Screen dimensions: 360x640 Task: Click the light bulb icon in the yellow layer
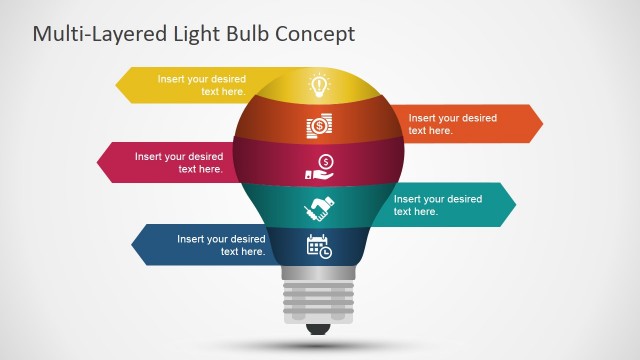[x=319, y=84]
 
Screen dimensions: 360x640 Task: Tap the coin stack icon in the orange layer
[x=319, y=126]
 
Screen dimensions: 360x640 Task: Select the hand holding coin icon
[x=319, y=168]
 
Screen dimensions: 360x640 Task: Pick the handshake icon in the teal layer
[x=319, y=208]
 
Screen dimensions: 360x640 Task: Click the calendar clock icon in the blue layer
[x=319, y=246]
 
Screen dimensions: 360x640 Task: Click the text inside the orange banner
[x=452, y=124]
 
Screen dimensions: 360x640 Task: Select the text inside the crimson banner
[x=179, y=163]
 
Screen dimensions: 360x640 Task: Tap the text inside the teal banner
[x=437, y=205]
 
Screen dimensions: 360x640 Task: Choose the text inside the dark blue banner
[x=221, y=245]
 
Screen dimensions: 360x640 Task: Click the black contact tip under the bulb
[x=319, y=327]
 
